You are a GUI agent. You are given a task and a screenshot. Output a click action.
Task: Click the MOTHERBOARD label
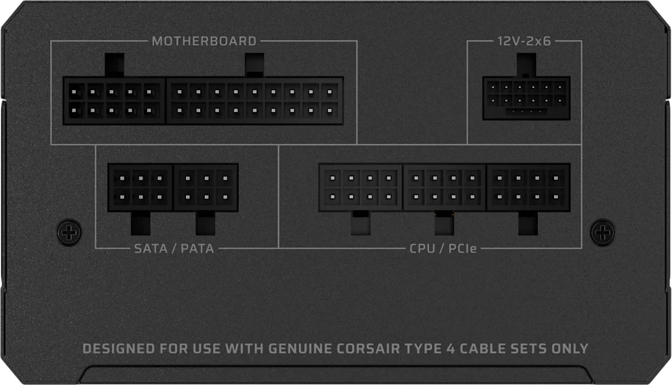(204, 41)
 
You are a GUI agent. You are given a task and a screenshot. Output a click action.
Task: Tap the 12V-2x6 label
(524, 41)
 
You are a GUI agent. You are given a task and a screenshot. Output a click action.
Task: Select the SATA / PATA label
(174, 249)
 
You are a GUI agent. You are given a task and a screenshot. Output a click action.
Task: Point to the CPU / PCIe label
(443, 249)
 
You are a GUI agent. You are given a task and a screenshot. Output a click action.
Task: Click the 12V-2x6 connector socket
(526, 98)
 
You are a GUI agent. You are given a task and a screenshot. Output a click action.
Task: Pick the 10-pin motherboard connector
(114, 100)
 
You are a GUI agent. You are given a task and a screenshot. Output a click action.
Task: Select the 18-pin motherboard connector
(255, 100)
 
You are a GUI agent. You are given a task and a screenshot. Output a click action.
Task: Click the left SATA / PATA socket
(141, 187)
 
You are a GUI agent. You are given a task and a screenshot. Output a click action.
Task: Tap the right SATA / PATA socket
(206, 187)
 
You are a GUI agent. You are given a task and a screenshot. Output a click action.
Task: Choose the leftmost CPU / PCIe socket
(361, 187)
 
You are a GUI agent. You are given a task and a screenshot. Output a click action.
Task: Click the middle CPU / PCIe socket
(445, 187)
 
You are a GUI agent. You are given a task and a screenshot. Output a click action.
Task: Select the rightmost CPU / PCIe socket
(528, 187)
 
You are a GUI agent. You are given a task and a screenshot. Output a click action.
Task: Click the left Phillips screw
(69, 233)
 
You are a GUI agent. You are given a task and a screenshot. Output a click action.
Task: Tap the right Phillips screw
(603, 233)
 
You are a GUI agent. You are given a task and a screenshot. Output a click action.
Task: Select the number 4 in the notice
(450, 349)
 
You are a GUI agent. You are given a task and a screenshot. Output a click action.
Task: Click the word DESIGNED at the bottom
(119, 349)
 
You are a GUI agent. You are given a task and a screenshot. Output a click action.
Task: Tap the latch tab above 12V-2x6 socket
(526, 65)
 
